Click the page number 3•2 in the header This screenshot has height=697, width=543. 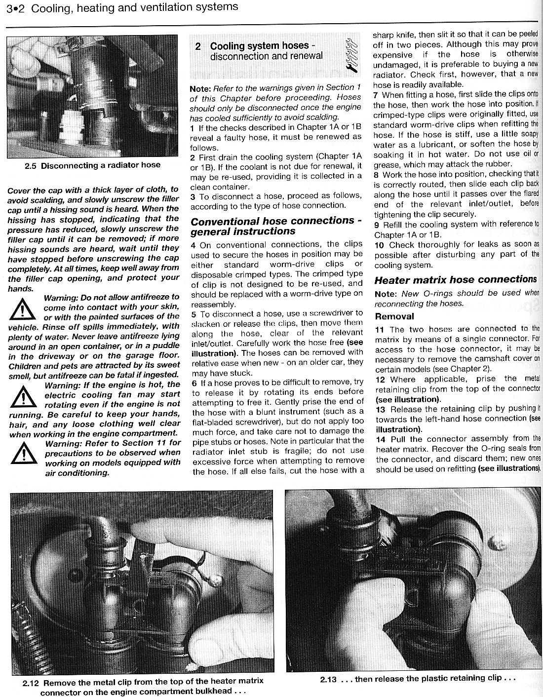13,7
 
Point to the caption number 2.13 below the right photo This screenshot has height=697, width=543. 328,679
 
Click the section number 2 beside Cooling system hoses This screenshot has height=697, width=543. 198,46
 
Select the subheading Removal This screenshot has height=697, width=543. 394,316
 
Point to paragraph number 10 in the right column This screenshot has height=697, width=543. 379,245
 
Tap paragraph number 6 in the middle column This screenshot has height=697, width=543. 194,383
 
